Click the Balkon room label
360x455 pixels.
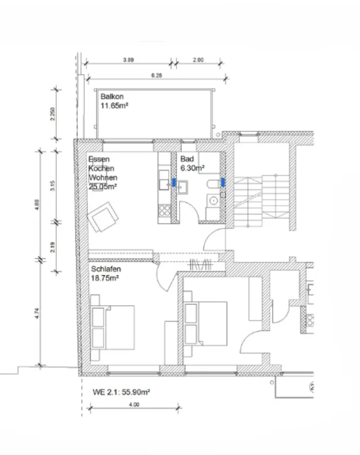pyautogui.click(x=112, y=96)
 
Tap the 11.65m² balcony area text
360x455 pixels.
pyautogui.click(x=114, y=106)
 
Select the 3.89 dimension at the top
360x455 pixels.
pyautogui.click(x=129, y=60)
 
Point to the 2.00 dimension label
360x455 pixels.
pyautogui.click(x=198, y=60)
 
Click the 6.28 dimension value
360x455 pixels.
pyautogui.click(x=157, y=75)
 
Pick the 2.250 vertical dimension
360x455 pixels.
pyautogui.click(x=53, y=114)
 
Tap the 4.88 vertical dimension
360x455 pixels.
pyautogui.click(x=37, y=205)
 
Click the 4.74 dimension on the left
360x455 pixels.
pyautogui.click(x=37, y=313)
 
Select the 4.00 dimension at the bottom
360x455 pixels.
pyautogui.click(x=134, y=404)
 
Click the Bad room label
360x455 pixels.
pyautogui.click(x=187, y=159)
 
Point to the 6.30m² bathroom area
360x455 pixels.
pyautogui.click(x=193, y=168)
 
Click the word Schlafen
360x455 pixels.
pyautogui.click(x=106, y=269)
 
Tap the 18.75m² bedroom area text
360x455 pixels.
pyautogui.click(x=105, y=278)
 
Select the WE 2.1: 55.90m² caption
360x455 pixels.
pyautogui.click(x=121, y=392)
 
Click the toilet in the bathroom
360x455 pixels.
pyautogui.click(x=214, y=184)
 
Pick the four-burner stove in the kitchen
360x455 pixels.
pyautogui.click(x=164, y=210)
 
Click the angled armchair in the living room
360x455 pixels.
pyautogui.click(x=103, y=217)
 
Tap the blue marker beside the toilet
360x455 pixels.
pyautogui.click(x=223, y=182)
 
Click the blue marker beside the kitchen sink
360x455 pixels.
pyautogui.click(x=174, y=182)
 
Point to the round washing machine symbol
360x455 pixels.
pyautogui.click(x=214, y=200)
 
